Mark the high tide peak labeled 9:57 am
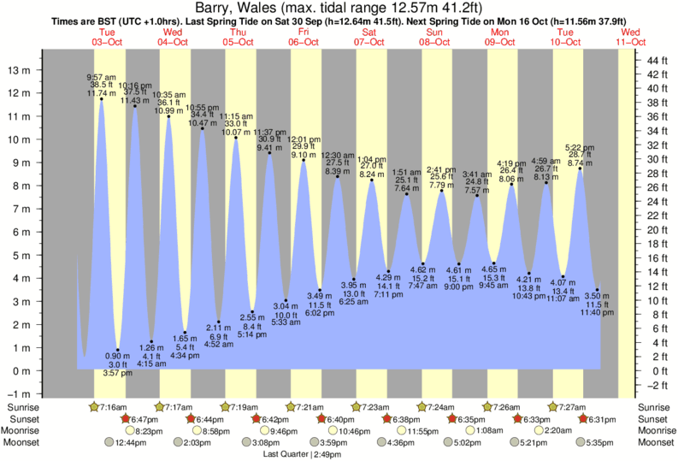(102, 99)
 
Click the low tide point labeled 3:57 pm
(118, 350)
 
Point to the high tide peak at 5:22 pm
(581, 168)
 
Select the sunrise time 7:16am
(112, 406)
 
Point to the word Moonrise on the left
(24, 431)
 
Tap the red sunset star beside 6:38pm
(387, 419)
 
